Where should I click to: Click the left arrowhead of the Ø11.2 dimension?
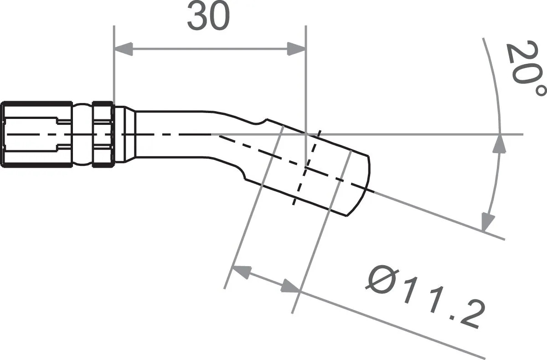pyautogui.click(x=242, y=272)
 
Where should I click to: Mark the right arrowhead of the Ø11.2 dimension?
pyautogui.click(x=290, y=286)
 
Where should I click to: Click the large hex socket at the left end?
pyautogui.click(x=36, y=134)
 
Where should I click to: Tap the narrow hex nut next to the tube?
pyautogui.click(x=103, y=134)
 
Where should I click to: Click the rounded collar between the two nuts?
pyautogui.click(x=82, y=134)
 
